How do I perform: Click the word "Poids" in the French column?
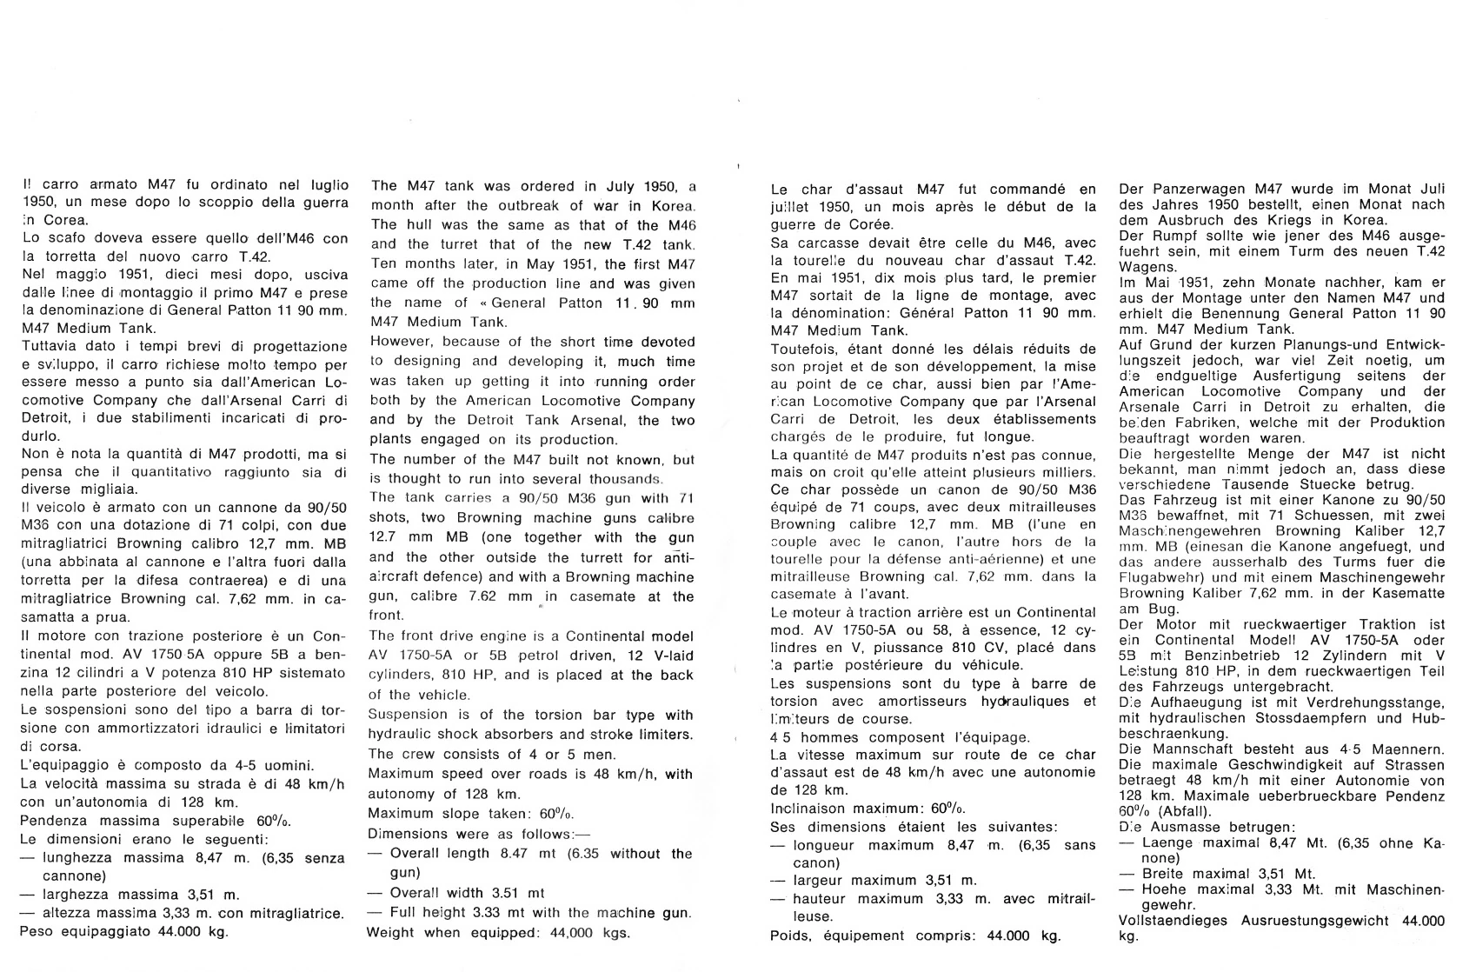pos(790,935)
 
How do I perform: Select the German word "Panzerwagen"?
pos(1189,189)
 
